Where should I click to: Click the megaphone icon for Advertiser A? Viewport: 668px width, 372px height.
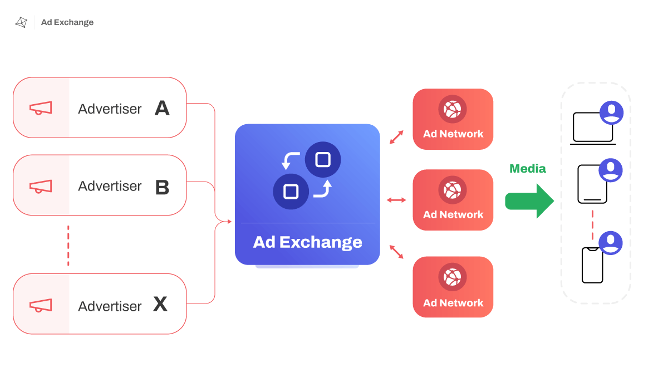point(41,108)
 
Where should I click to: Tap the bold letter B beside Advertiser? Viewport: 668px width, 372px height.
point(162,187)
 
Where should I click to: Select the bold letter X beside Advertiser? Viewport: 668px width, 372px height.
point(160,304)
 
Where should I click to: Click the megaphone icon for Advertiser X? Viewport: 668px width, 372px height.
point(41,305)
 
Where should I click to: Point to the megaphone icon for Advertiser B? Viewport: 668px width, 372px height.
point(41,186)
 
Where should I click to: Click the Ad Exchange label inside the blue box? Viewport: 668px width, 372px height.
point(307,242)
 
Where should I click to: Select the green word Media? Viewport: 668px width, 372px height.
point(528,169)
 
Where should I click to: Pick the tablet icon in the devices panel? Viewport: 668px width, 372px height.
point(592,184)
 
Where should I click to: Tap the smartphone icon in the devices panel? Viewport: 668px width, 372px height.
point(592,265)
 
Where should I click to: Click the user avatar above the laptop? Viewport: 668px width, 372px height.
point(612,112)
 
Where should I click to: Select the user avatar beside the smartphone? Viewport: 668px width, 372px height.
point(611,243)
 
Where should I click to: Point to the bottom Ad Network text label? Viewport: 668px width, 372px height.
point(453,303)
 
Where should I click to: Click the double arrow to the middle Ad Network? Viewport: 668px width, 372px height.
point(396,199)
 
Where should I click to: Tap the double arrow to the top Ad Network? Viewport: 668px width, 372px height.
point(396,137)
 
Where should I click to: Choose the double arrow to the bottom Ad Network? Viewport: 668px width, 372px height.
point(396,252)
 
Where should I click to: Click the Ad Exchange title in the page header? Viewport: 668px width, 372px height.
point(67,22)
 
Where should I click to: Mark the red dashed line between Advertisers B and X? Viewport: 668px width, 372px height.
point(68,245)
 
